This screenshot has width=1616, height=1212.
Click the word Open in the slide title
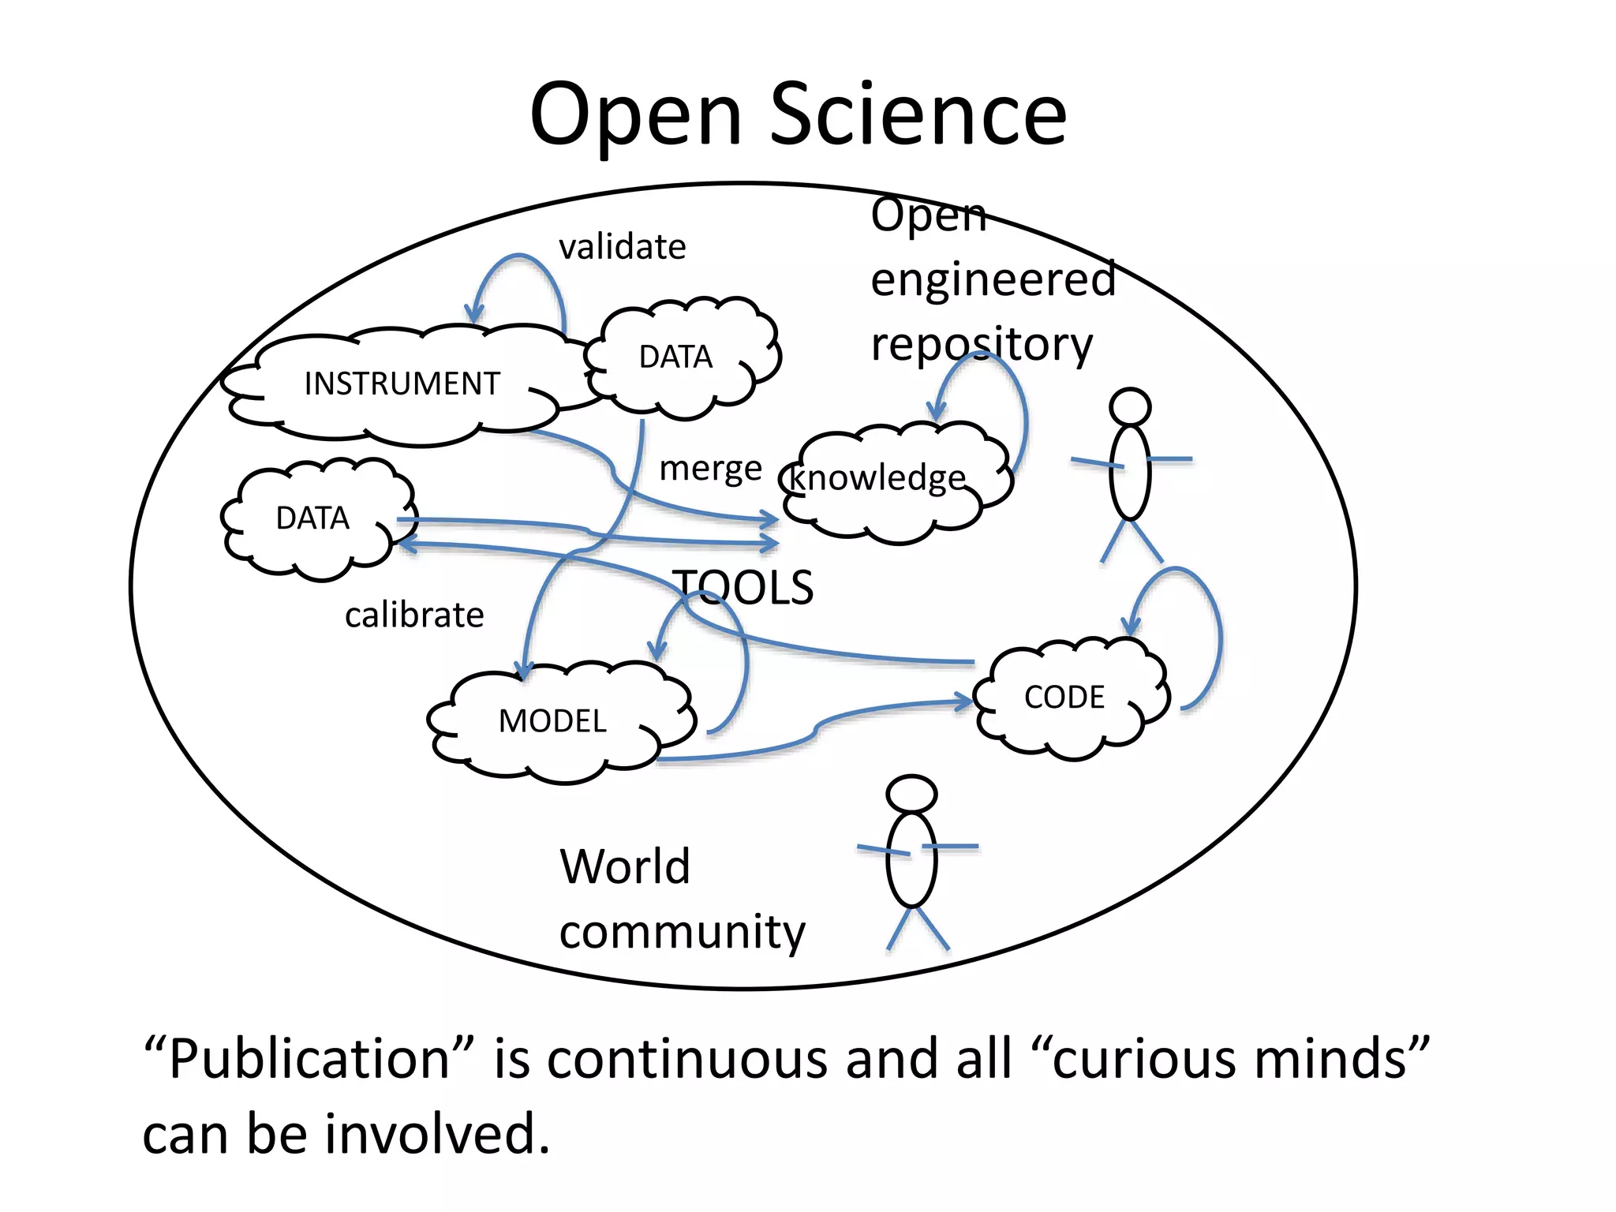[636, 117]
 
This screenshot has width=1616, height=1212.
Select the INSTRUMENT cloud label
[402, 383]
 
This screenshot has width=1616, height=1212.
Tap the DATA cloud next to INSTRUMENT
[676, 357]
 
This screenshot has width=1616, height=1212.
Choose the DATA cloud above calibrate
[312, 518]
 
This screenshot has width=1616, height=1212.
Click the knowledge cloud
[878, 478]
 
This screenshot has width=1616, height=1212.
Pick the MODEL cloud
[552, 721]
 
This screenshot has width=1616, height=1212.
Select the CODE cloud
[1064, 698]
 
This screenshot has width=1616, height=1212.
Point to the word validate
[622, 247]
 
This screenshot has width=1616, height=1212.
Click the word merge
[710, 469]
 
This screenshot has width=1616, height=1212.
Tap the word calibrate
[414, 615]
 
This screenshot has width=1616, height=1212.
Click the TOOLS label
[744, 588]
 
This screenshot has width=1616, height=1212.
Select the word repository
[982, 346]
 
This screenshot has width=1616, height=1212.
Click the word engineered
[993, 279]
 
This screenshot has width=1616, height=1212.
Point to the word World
[625, 866]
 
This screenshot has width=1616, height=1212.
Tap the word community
[682, 933]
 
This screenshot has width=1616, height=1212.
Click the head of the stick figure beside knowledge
[1130, 407]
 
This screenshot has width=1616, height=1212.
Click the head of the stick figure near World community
[911, 794]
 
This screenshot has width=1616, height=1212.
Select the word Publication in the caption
[309, 1059]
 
